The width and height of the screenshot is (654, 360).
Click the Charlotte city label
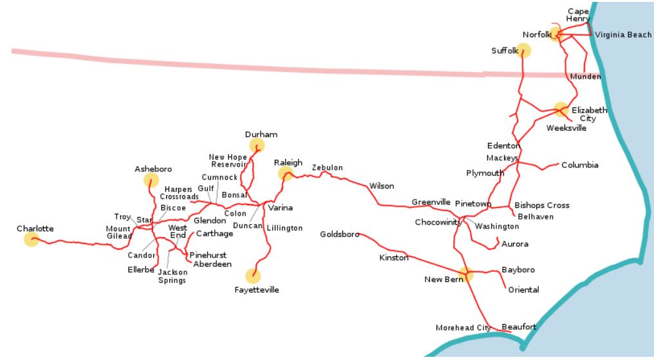pyautogui.click(x=35, y=229)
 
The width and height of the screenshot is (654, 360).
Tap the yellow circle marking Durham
pyautogui.click(x=257, y=146)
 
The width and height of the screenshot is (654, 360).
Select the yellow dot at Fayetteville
pyautogui.click(x=253, y=276)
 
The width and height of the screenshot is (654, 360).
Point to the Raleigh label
pyautogui.click(x=288, y=163)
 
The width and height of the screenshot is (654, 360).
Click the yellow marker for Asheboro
pyautogui.click(x=151, y=180)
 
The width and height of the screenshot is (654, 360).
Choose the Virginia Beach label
pyautogui.click(x=623, y=35)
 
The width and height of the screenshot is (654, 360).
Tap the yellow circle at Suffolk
pyautogui.click(x=523, y=50)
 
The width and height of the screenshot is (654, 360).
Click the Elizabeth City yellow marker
pyautogui.click(x=561, y=109)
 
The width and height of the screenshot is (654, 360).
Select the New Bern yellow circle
pyautogui.click(x=465, y=274)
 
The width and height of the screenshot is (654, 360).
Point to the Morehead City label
pyautogui.click(x=463, y=328)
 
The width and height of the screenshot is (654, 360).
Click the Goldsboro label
pyautogui.click(x=339, y=234)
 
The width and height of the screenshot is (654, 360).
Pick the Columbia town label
pyautogui.click(x=579, y=166)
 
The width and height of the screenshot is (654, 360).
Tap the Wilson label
pyautogui.click(x=381, y=186)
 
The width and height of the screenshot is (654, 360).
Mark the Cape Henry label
pyautogui.click(x=578, y=15)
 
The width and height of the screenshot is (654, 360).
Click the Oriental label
pyautogui.click(x=523, y=290)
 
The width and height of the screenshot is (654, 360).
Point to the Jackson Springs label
pyautogui.click(x=172, y=276)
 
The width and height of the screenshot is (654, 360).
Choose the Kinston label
pyautogui.click(x=393, y=258)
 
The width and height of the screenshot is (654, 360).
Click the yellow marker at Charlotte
pyautogui.click(x=31, y=240)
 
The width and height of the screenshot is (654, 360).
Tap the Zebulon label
pyautogui.click(x=327, y=168)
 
